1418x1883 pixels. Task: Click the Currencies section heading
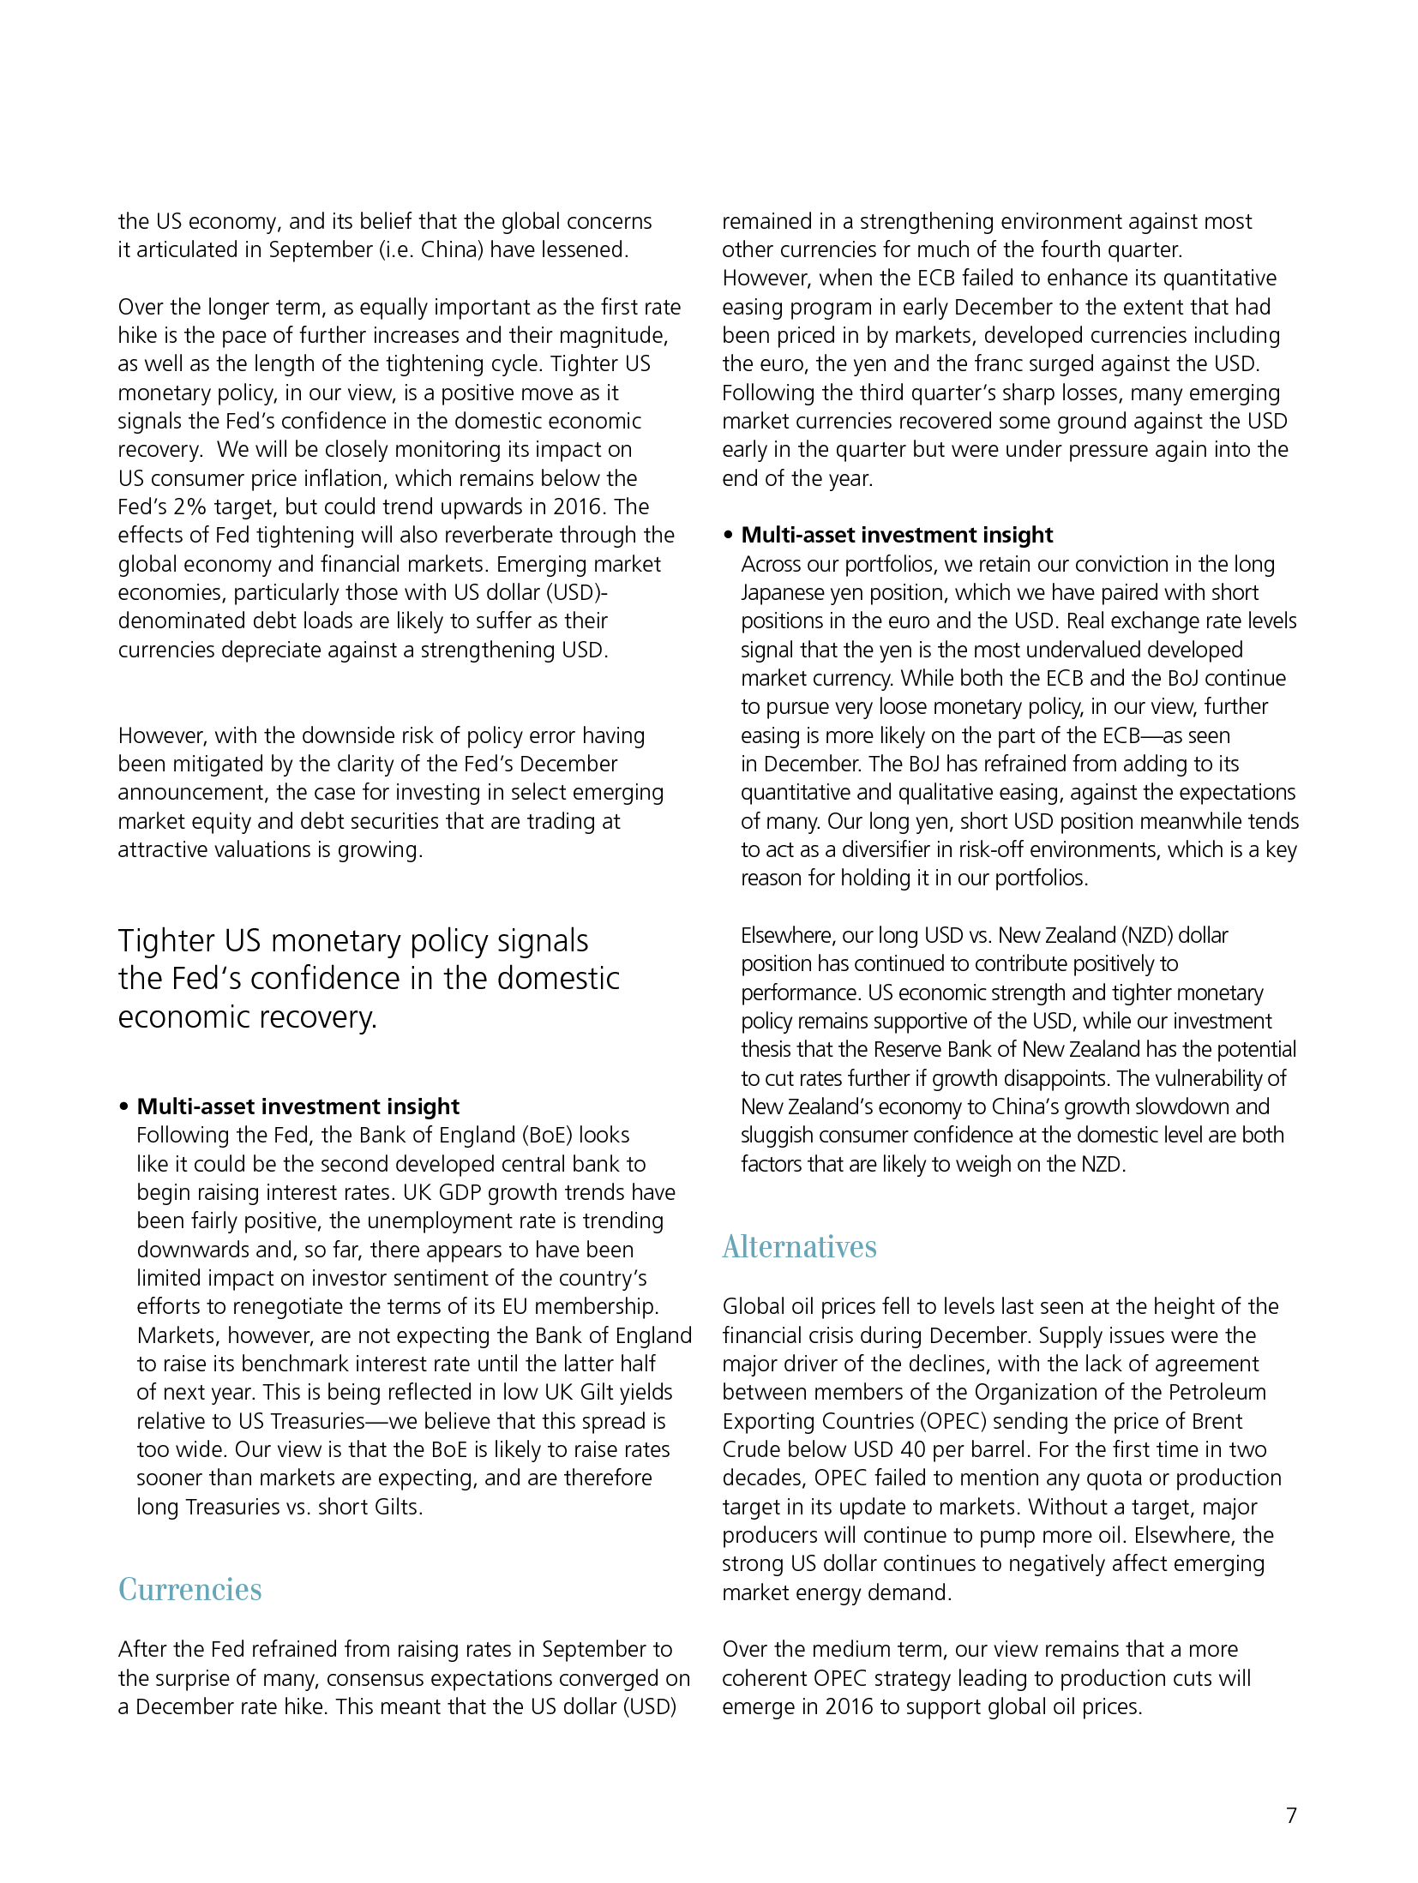tap(189, 1589)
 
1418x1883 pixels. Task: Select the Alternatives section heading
tap(799, 1246)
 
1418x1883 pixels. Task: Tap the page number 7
tap(1291, 1815)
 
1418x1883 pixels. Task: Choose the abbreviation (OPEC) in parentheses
tap(954, 1421)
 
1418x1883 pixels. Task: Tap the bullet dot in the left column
tap(123, 1106)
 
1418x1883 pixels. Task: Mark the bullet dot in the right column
tap(728, 536)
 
